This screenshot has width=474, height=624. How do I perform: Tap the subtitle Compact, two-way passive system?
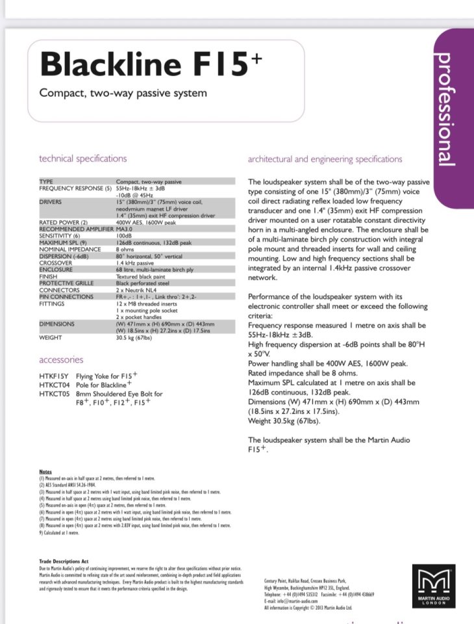pos(123,93)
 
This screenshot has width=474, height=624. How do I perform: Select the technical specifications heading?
pos(83,159)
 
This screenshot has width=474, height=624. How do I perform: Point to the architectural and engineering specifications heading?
pos(325,159)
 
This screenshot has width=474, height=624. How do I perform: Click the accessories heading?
pos(61,359)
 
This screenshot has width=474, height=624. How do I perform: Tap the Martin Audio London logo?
pos(430,586)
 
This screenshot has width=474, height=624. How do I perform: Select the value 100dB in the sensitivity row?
pos(124,235)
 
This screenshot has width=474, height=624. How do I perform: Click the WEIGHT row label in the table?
pos(51,337)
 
